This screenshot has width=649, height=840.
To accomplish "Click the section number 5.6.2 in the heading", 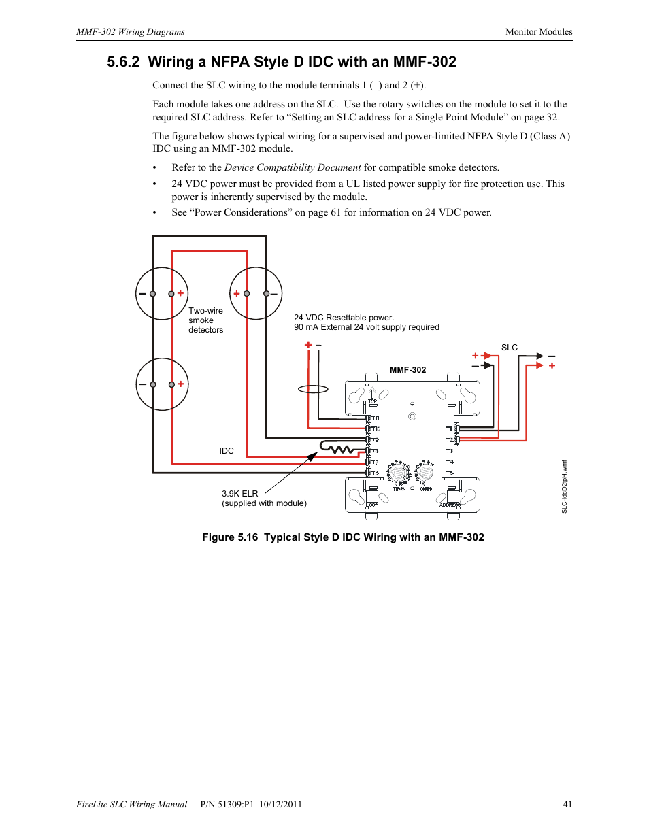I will coord(123,62).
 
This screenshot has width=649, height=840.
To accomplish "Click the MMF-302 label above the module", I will coord(407,370).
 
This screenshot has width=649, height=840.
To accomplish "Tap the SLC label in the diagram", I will coord(509,348).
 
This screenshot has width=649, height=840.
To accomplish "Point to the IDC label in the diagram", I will coord(227,451).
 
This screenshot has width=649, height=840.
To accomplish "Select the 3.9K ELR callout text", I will coord(239,494).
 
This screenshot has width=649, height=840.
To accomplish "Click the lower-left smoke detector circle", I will coord(162,384).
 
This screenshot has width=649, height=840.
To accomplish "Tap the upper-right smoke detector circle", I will coord(256,294).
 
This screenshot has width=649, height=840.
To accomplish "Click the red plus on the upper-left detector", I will coord(180,293).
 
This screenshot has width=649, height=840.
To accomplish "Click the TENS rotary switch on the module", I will coord(398,473).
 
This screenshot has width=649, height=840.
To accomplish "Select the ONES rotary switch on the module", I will coord(425,473).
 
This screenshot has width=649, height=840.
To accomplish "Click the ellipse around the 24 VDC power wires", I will coord(313,389).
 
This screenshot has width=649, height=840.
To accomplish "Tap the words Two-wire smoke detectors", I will coord(205,320).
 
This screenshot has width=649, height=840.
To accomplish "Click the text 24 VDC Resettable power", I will coord(344,318).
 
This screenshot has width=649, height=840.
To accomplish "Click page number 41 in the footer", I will coord(567,804).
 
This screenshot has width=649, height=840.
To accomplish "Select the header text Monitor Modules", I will coord(539,32).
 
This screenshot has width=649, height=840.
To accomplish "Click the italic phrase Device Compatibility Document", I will coord(293,167).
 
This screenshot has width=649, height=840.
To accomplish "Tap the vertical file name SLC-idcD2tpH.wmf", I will coord(564,486).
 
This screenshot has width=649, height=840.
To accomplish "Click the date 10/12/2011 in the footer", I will coord(280,804).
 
